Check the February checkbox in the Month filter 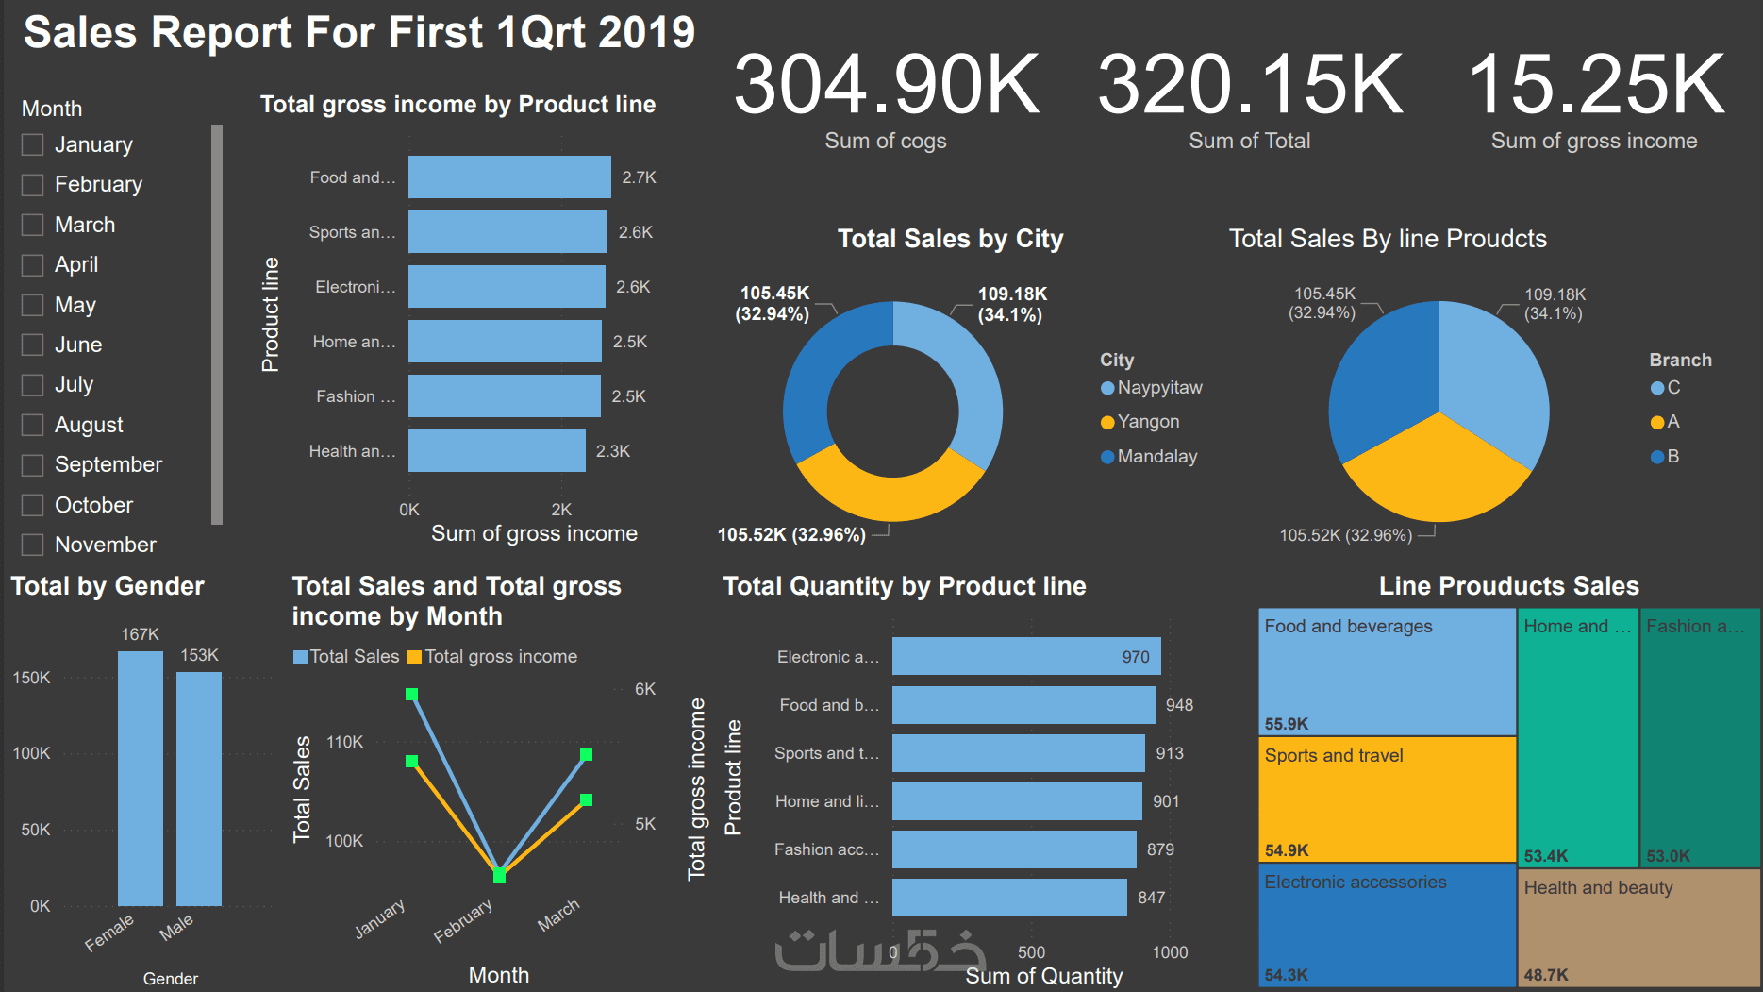[x=33, y=185]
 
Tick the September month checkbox [x=33, y=465]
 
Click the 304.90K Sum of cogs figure [x=886, y=85]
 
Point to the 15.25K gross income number [x=1596, y=85]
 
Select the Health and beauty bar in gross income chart [x=496, y=451]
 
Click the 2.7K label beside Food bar [x=639, y=177]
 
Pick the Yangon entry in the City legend [x=1148, y=422]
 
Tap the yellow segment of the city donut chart [x=888, y=495]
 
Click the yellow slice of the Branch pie [x=1436, y=472]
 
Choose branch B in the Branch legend [x=1672, y=457]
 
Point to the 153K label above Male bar [x=199, y=655]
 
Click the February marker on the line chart [x=499, y=876]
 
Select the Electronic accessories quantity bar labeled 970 [x=1025, y=656]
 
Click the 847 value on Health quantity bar [x=1151, y=898]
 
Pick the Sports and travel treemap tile [x=1387, y=799]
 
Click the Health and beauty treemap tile [x=1638, y=927]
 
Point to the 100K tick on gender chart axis [x=31, y=753]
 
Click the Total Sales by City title [x=950, y=239]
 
